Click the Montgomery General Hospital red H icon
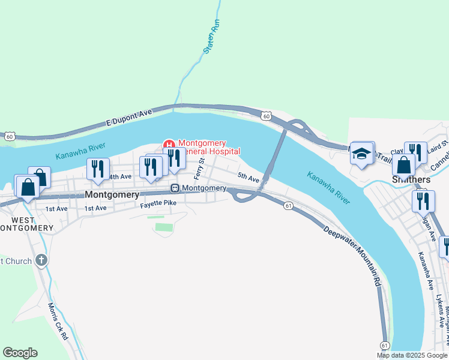click(x=169, y=144)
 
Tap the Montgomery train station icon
click(x=175, y=188)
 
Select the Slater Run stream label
click(x=212, y=37)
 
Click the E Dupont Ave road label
click(x=130, y=117)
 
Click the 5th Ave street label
click(x=248, y=178)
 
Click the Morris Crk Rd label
click(x=58, y=321)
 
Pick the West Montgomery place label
click(x=26, y=223)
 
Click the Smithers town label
click(x=411, y=179)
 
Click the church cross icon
click(x=41, y=260)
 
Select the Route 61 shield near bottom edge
click(x=385, y=346)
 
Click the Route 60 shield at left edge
click(x=9, y=136)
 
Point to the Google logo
click(x=20, y=353)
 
